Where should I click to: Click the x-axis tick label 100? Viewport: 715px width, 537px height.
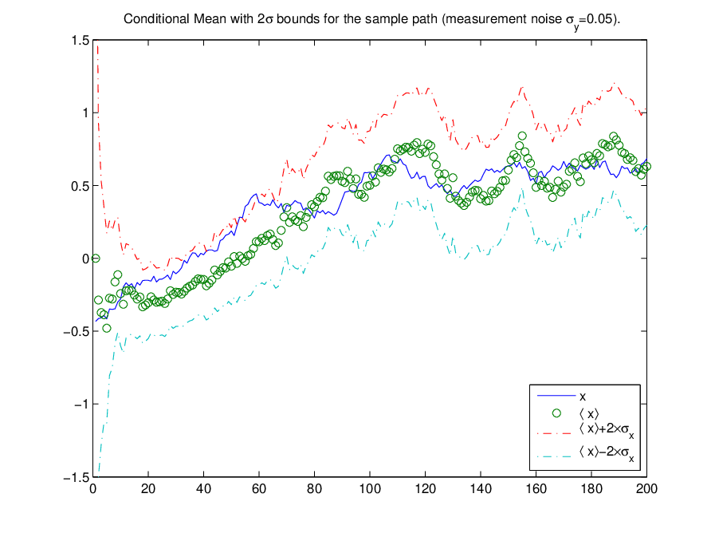(370, 489)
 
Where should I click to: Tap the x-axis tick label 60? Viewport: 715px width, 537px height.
(259, 489)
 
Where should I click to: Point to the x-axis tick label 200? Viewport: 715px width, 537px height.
(646, 489)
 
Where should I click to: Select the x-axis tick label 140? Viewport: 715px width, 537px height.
(481, 489)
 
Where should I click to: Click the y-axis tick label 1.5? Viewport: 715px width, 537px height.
(81, 40)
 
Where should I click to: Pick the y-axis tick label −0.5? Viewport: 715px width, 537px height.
(77, 331)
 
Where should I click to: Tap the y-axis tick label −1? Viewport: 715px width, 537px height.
(81, 404)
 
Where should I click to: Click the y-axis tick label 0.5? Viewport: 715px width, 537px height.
(81, 186)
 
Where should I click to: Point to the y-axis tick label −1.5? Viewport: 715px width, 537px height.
(77, 477)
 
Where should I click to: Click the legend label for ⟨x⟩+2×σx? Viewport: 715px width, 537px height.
(607, 430)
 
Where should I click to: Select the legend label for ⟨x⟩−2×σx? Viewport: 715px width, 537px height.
(607, 453)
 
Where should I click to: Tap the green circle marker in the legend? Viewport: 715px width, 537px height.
(556, 413)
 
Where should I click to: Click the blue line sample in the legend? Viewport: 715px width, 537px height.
(556, 396)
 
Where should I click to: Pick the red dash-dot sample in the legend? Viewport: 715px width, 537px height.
(554, 432)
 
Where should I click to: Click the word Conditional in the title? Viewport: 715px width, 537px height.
(156, 18)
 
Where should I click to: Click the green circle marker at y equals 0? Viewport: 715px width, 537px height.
(96, 259)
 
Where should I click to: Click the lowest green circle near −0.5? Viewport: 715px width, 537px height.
(107, 328)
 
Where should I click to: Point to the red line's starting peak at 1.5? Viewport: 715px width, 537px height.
(97, 41)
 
